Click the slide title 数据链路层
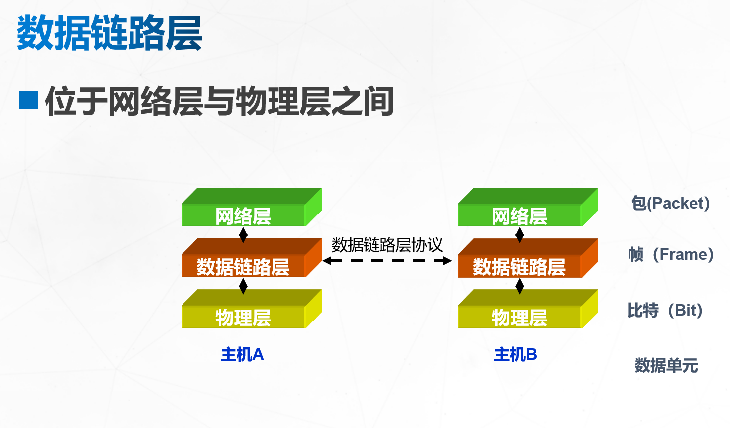109,33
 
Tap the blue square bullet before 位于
28,100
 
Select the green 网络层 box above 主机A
243,215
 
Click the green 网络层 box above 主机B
520,215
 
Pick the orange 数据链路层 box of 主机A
243,266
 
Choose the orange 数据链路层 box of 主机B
520,266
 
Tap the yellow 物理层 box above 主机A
243,317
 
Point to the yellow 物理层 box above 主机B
520,317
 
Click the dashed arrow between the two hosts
387,260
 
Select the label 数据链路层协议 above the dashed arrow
387,245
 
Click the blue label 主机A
242,354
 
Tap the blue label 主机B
516,354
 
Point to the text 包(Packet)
670,203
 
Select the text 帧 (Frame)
671,254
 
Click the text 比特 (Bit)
665,310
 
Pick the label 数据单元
666,365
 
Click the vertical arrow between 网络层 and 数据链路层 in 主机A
243,235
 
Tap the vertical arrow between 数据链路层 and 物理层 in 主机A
243,286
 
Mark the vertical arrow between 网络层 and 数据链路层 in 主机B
520,235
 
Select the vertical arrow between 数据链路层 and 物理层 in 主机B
520,286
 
